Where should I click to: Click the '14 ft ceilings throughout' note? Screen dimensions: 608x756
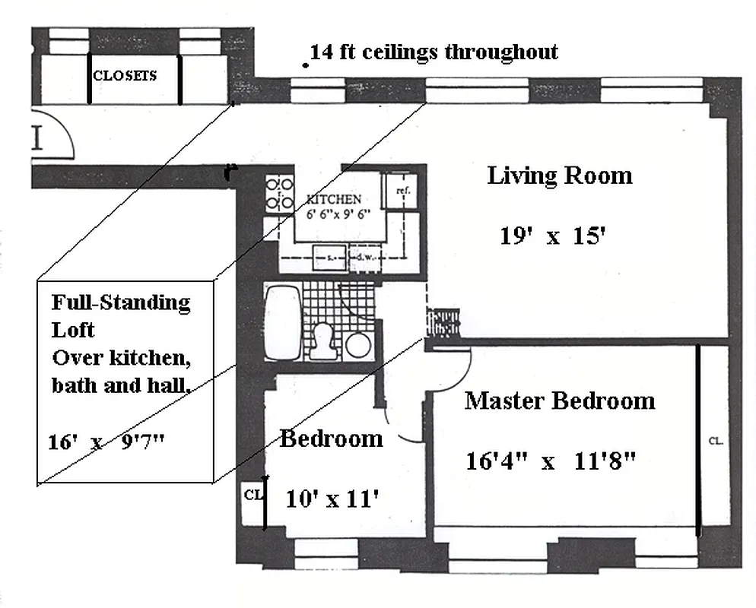coord(434,52)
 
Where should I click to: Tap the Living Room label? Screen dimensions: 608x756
coord(559,176)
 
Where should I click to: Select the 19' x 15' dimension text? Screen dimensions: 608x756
coord(552,236)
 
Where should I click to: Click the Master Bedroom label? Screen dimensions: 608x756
coord(559,401)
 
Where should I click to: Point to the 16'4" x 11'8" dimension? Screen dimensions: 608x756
coord(550,461)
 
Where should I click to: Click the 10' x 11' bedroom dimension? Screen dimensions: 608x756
coord(332,499)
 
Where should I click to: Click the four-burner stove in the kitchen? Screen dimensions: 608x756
coord(279,194)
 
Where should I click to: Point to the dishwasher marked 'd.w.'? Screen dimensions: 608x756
coord(364,257)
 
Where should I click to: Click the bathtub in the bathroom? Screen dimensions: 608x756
coord(283,322)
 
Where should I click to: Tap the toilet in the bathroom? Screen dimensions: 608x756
coord(323,341)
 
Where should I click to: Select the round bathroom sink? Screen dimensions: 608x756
coord(357,345)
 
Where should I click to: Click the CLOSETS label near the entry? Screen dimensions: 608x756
coord(125,75)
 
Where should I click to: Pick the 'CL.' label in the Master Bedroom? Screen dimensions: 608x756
coord(715,440)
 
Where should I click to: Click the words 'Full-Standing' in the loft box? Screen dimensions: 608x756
coord(121,302)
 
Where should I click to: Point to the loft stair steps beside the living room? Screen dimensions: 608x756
coord(443,321)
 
